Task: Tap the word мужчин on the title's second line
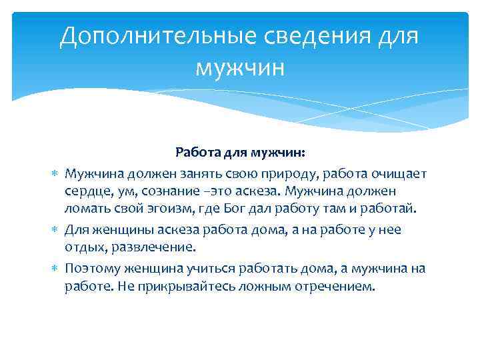[240, 67]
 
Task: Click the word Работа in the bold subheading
[197, 153]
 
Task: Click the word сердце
[87, 191]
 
